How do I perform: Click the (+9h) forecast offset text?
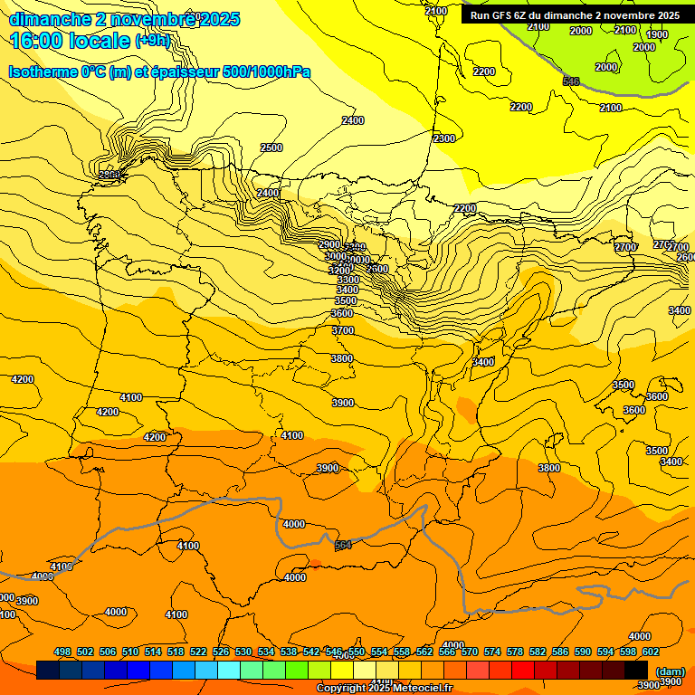click(152, 41)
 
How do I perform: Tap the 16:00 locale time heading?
click(71, 41)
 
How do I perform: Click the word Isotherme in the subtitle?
click(42, 71)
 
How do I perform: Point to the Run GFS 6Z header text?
click(506, 15)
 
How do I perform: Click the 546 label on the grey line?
click(571, 82)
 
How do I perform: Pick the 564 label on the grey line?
click(343, 545)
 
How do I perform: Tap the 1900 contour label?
click(657, 35)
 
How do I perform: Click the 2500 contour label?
click(271, 148)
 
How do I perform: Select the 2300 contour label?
click(444, 138)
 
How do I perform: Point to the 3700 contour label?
click(343, 331)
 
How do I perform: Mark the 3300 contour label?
click(347, 281)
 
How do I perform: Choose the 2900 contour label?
click(329, 245)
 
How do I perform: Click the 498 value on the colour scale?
click(62, 652)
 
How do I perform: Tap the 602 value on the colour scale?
click(651, 652)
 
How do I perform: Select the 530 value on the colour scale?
click(243, 652)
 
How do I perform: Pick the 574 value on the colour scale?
click(492, 652)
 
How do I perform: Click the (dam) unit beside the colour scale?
click(670, 671)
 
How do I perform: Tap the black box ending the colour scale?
click(636, 670)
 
